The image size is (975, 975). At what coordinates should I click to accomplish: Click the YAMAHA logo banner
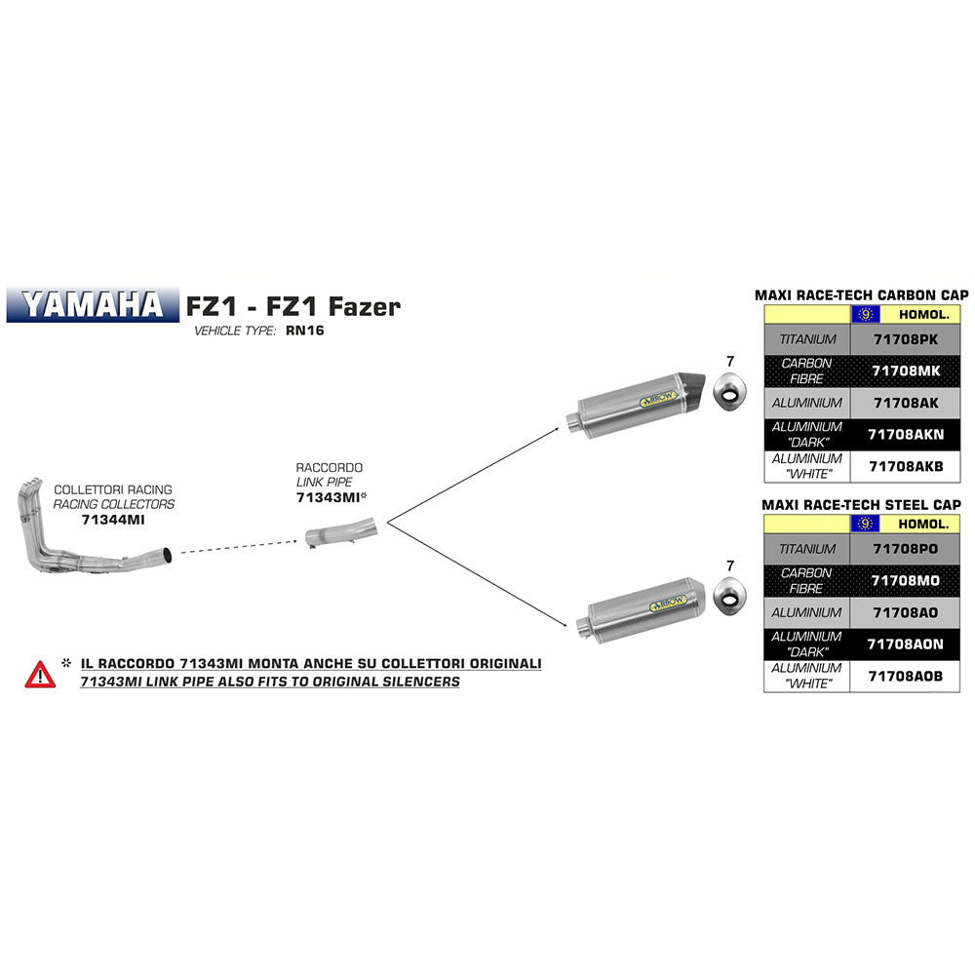94,304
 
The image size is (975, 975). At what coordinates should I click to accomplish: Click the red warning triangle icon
40,673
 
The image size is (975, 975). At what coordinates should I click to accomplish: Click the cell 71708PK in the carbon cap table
905,339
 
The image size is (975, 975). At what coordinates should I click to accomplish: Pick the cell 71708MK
905,371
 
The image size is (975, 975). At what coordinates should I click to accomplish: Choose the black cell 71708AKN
905,435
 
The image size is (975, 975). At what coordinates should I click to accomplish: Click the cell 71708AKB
905,466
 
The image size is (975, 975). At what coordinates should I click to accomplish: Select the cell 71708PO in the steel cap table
905,549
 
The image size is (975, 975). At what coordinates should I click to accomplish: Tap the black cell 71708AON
905,644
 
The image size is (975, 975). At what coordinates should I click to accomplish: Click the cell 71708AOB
905,676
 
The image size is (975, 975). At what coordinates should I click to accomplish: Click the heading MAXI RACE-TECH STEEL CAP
862,504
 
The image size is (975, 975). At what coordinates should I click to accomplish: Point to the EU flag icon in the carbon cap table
864,314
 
